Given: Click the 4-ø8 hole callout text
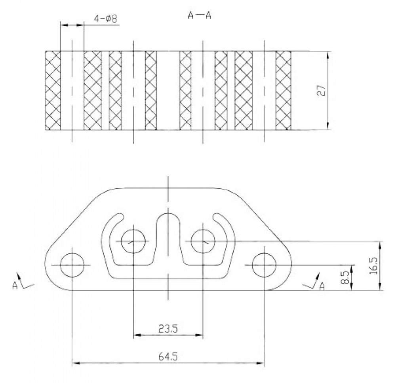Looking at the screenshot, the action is (x=106, y=19).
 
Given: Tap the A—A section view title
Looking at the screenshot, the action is (x=200, y=15).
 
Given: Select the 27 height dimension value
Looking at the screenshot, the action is (x=322, y=90).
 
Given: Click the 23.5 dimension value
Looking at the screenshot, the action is (x=168, y=328).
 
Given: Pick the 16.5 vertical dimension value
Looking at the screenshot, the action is (x=373, y=266).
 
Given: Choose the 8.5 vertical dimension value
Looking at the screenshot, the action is (x=345, y=277).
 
